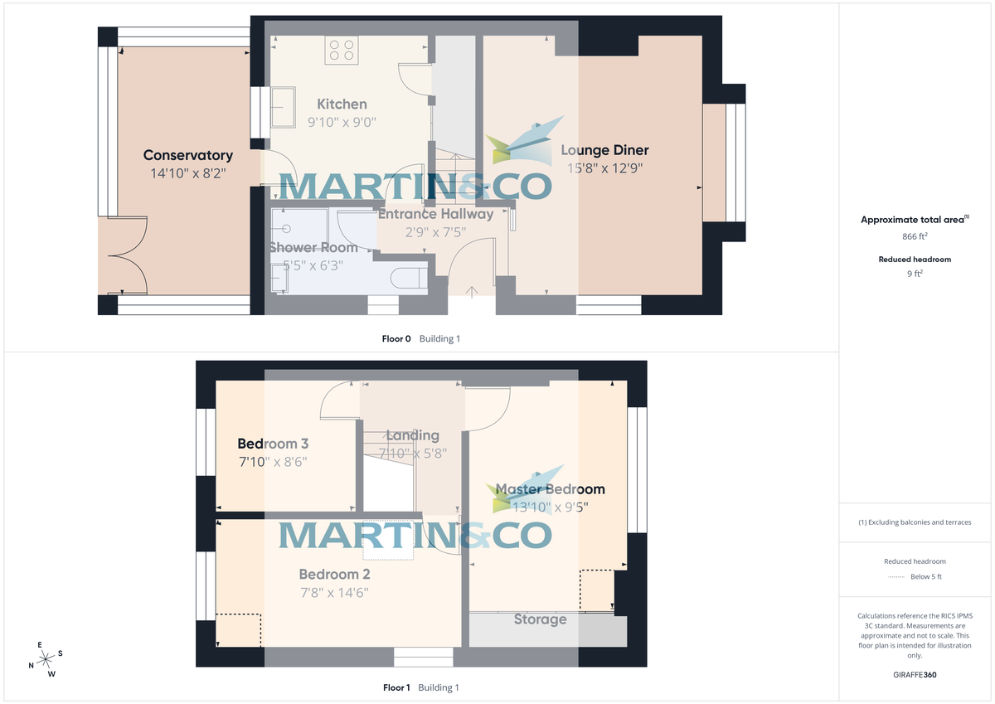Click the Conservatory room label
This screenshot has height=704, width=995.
coord(187,155)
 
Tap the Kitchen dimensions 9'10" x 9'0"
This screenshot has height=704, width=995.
coord(342,122)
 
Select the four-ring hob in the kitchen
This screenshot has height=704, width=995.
coord(341,50)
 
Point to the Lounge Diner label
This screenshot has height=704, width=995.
coord(604,150)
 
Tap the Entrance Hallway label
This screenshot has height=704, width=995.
coord(435,214)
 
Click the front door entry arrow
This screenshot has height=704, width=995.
coord(473,290)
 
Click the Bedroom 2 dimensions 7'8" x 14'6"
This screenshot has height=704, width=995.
coord(334,593)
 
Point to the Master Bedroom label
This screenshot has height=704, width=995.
coord(550,489)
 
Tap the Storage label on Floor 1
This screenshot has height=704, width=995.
coord(540,619)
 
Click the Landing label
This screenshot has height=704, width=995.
coord(412,435)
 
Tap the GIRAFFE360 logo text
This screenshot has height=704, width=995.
coord(915,675)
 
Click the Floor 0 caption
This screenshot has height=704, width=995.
coord(396,338)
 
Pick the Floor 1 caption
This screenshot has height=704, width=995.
coord(396,687)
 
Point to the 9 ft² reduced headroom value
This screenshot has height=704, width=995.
coord(915,272)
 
